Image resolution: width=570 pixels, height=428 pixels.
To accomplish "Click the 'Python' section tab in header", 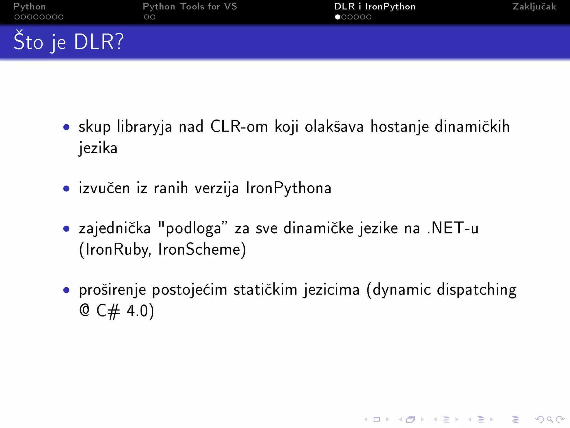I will (30, 7).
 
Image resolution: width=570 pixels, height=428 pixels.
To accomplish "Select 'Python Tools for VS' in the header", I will (190, 7).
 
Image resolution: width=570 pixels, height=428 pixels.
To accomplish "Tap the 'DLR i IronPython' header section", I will (375, 7).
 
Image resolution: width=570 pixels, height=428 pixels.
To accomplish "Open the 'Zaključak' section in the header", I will (534, 7).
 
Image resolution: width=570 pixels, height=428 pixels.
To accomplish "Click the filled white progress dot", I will (338, 17).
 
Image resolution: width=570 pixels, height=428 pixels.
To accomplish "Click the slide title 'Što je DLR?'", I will (68, 42).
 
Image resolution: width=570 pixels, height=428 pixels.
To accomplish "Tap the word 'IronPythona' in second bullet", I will (289, 188).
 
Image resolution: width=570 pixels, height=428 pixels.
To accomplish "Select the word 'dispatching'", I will (476, 290).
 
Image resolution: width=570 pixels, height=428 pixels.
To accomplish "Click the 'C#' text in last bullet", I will (108, 311).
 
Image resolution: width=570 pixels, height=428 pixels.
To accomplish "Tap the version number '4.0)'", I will (140, 311).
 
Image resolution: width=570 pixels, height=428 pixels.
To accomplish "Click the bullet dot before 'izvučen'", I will (66, 189).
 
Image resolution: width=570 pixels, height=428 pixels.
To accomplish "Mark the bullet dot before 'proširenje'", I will (66, 290).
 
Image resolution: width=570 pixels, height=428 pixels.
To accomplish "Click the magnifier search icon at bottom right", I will (550, 419).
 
